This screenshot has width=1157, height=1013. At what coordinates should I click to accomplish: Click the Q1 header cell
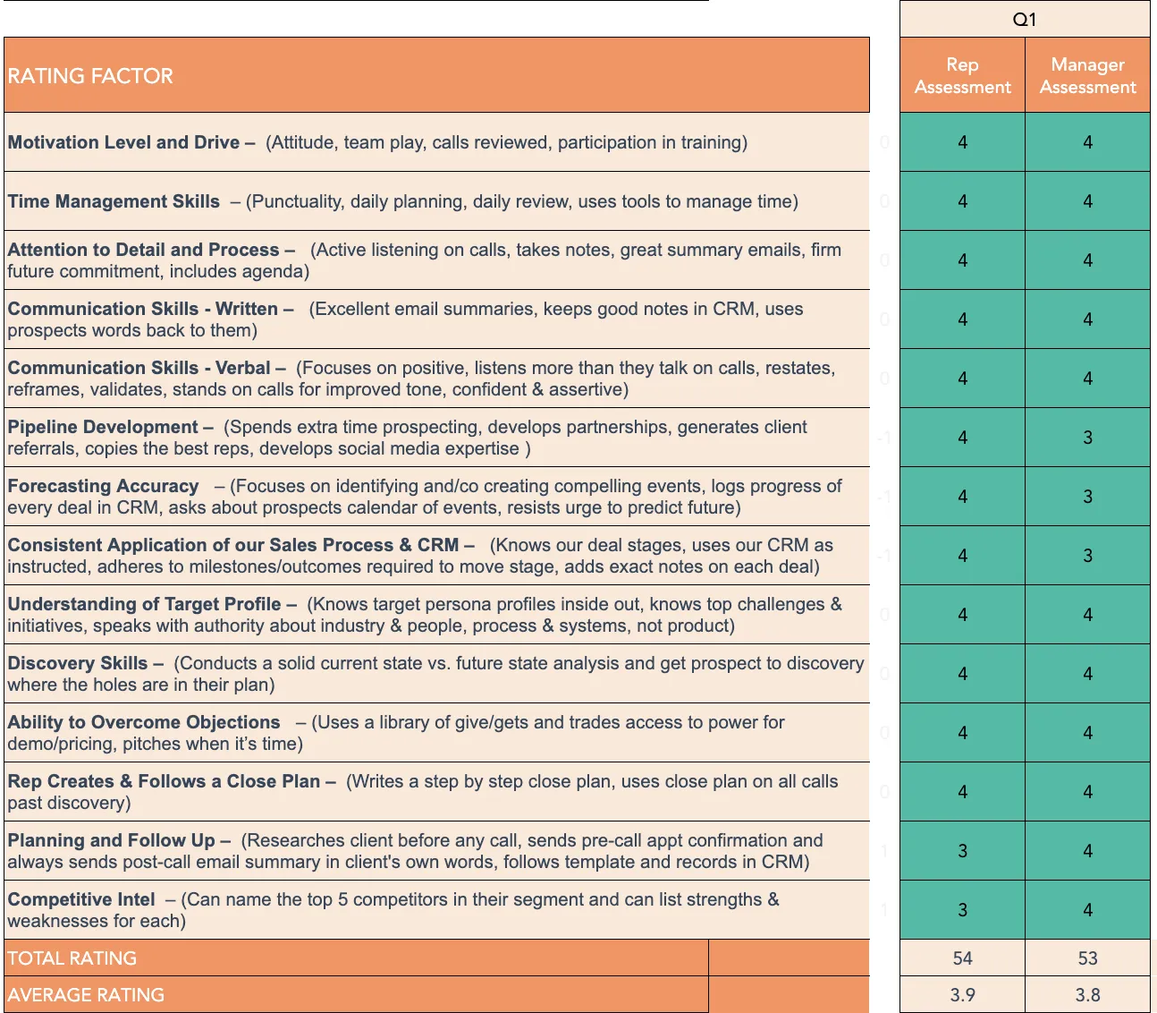pyautogui.click(x=1025, y=20)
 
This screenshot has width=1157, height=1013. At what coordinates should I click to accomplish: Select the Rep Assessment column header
pyautogui.click(x=962, y=75)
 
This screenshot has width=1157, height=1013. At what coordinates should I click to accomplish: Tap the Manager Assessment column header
pyautogui.click(x=1087, y=75)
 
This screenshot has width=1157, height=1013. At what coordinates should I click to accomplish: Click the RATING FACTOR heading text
pyautogui.click(x=90, y=76)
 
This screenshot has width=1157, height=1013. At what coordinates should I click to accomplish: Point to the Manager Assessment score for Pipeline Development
pyautogui.click(x=1087, y=438)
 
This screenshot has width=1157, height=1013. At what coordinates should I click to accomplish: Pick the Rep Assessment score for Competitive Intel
pyautogui.click(x=962, y=910)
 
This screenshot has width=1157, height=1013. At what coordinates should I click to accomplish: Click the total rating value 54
pyautogui.click(x=962, y=958)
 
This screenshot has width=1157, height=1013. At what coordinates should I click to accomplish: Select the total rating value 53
pyautogui.click(x=1087, y=958)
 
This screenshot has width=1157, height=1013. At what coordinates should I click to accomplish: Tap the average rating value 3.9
pyautogui.click(x=962, y=995)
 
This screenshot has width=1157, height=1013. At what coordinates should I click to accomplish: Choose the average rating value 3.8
pyautogui.click(x=1087, y=995)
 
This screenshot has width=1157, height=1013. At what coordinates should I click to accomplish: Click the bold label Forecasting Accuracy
pyautogui.click(x=103, y=486)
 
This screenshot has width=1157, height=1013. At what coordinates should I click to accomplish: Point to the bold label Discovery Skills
pyautogui.click(x=78, y=663)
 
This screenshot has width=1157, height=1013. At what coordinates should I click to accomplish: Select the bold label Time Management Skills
pyautogui.click(x=114, y=201)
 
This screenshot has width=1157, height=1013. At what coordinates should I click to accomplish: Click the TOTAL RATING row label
pyautogui.click(x=72, y=958)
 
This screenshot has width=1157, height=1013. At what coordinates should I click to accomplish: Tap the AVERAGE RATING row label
pyautogui.click(x=86, y=995)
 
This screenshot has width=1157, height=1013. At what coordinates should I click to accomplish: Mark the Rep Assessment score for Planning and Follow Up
pyautogui.click(x=962, y=851)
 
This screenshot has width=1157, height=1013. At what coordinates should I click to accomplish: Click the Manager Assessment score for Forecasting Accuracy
pyautogui.click(x=1087, y=497)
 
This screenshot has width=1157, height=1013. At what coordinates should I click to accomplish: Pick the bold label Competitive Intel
pyautogui.click(x=81, y=899)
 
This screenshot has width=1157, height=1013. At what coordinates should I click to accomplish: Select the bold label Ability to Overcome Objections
pyautogui.click(x=144, y=722)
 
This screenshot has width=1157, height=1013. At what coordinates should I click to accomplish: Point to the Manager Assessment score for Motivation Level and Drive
pyautogui.click(x=1087, y=142)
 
